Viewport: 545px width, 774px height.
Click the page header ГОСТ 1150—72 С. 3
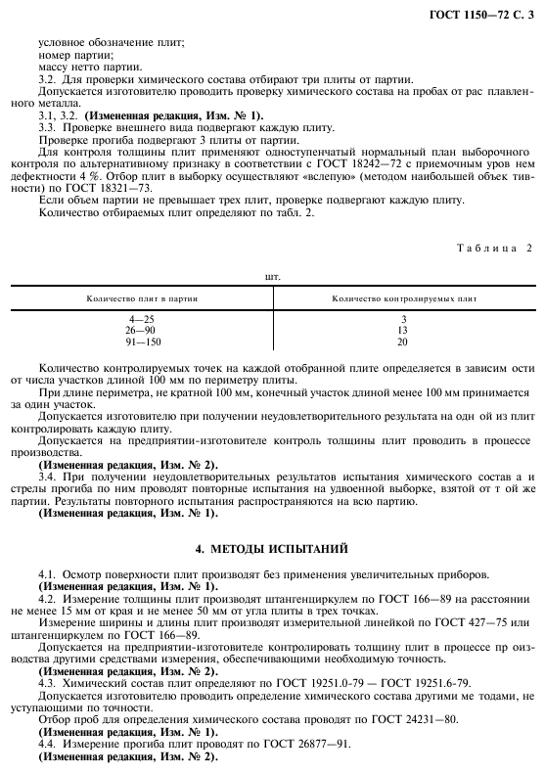pyautogui.click(x=482, y=13)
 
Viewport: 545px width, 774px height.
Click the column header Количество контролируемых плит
pyautogui.click(x=404, y=297)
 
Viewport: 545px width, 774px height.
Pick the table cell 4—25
pyautogui.click(x=140, y=320)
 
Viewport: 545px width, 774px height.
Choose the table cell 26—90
pyautogui.click(x=140, y=331)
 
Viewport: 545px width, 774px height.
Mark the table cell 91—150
pyautogui.click(x=140, y=342)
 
